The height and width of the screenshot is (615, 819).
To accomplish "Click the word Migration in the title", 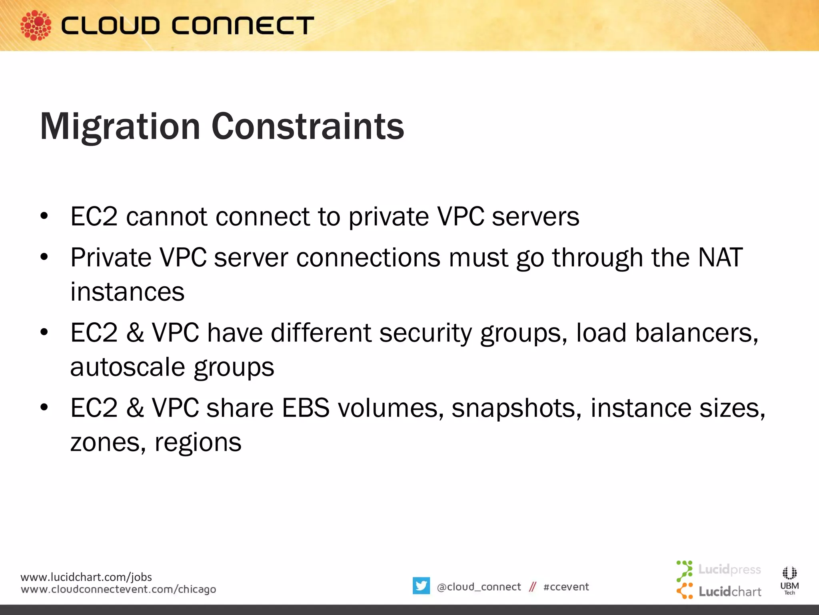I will tap(120, 127).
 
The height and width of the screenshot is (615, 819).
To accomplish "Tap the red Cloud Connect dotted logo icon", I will tap(36, 25).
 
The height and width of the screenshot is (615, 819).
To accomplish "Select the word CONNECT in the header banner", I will tap(243, 26).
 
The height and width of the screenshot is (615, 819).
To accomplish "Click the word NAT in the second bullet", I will tap(720, 257).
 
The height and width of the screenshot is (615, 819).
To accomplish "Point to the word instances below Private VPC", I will tap(127, 292).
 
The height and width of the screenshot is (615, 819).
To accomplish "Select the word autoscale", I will tap(128, 367).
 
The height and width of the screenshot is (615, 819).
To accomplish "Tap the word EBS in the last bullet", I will tap(306, 408).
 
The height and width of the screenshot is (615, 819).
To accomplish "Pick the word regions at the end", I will tap(198, 443).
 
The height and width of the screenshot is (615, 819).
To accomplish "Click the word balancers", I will tap(696, 333).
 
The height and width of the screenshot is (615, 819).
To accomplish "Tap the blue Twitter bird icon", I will tap(421, 586).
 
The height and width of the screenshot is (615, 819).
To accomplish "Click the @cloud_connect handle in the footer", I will tap(479, 587).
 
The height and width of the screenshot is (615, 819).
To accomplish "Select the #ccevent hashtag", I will tap(566, 587).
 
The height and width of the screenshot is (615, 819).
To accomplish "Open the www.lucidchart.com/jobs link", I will tap(86, 577).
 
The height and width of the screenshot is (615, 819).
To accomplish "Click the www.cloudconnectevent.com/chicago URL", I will tap(118, 589).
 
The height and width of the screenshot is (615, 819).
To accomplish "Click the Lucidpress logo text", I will tap(729, 569).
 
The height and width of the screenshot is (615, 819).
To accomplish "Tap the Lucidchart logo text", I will tap(730, 591).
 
